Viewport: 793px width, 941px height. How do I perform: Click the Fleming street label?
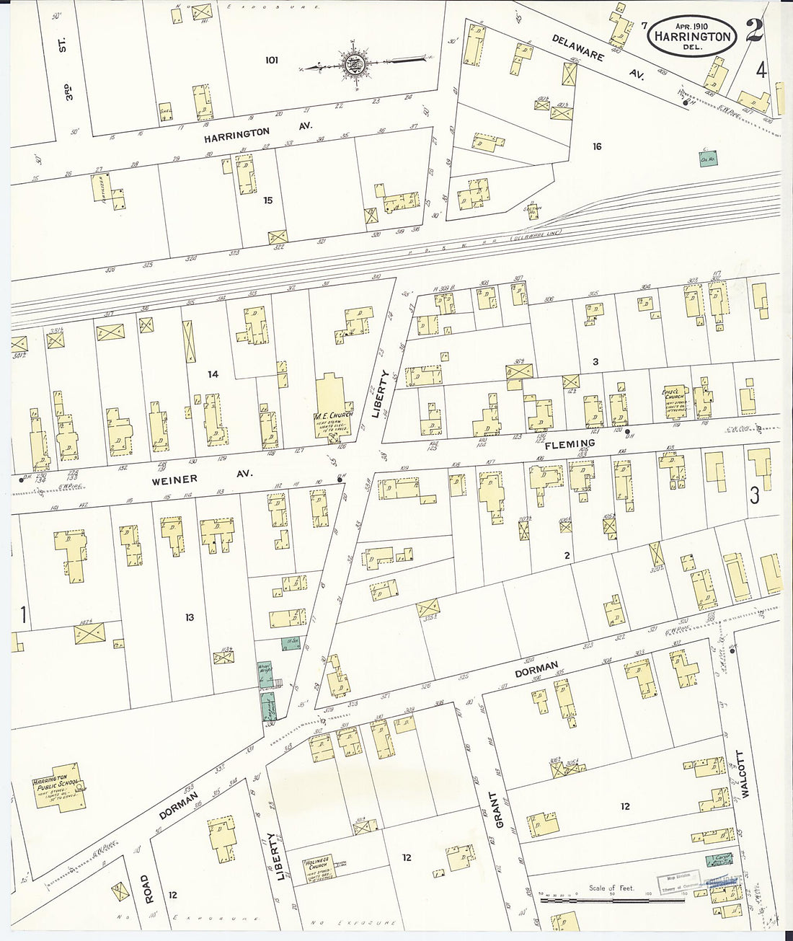point(570,444)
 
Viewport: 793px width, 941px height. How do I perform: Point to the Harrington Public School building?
point(59,789)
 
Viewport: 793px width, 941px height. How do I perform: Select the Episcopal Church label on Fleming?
point(672,397)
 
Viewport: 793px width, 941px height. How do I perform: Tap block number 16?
point(596,146)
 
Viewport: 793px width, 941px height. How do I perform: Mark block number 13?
point(189,617)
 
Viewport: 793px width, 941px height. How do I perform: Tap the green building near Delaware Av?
point(706,159)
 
